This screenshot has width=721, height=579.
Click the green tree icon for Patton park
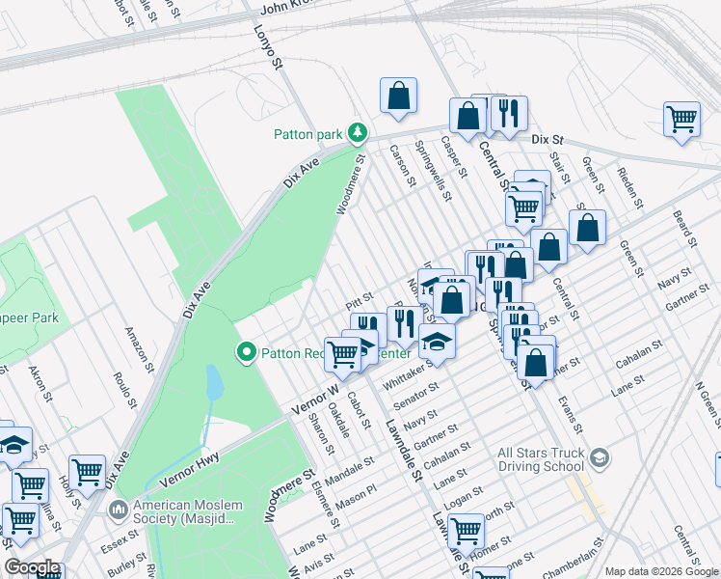(358, 131)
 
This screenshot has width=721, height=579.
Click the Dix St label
(546, 139)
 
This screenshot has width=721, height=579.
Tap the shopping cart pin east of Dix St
(681, 120)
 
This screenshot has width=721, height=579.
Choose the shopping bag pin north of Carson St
(398, 96)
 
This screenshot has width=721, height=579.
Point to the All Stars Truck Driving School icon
(600, 456)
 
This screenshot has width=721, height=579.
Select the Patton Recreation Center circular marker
(246, 353)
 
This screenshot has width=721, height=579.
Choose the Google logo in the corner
(31, 567)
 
